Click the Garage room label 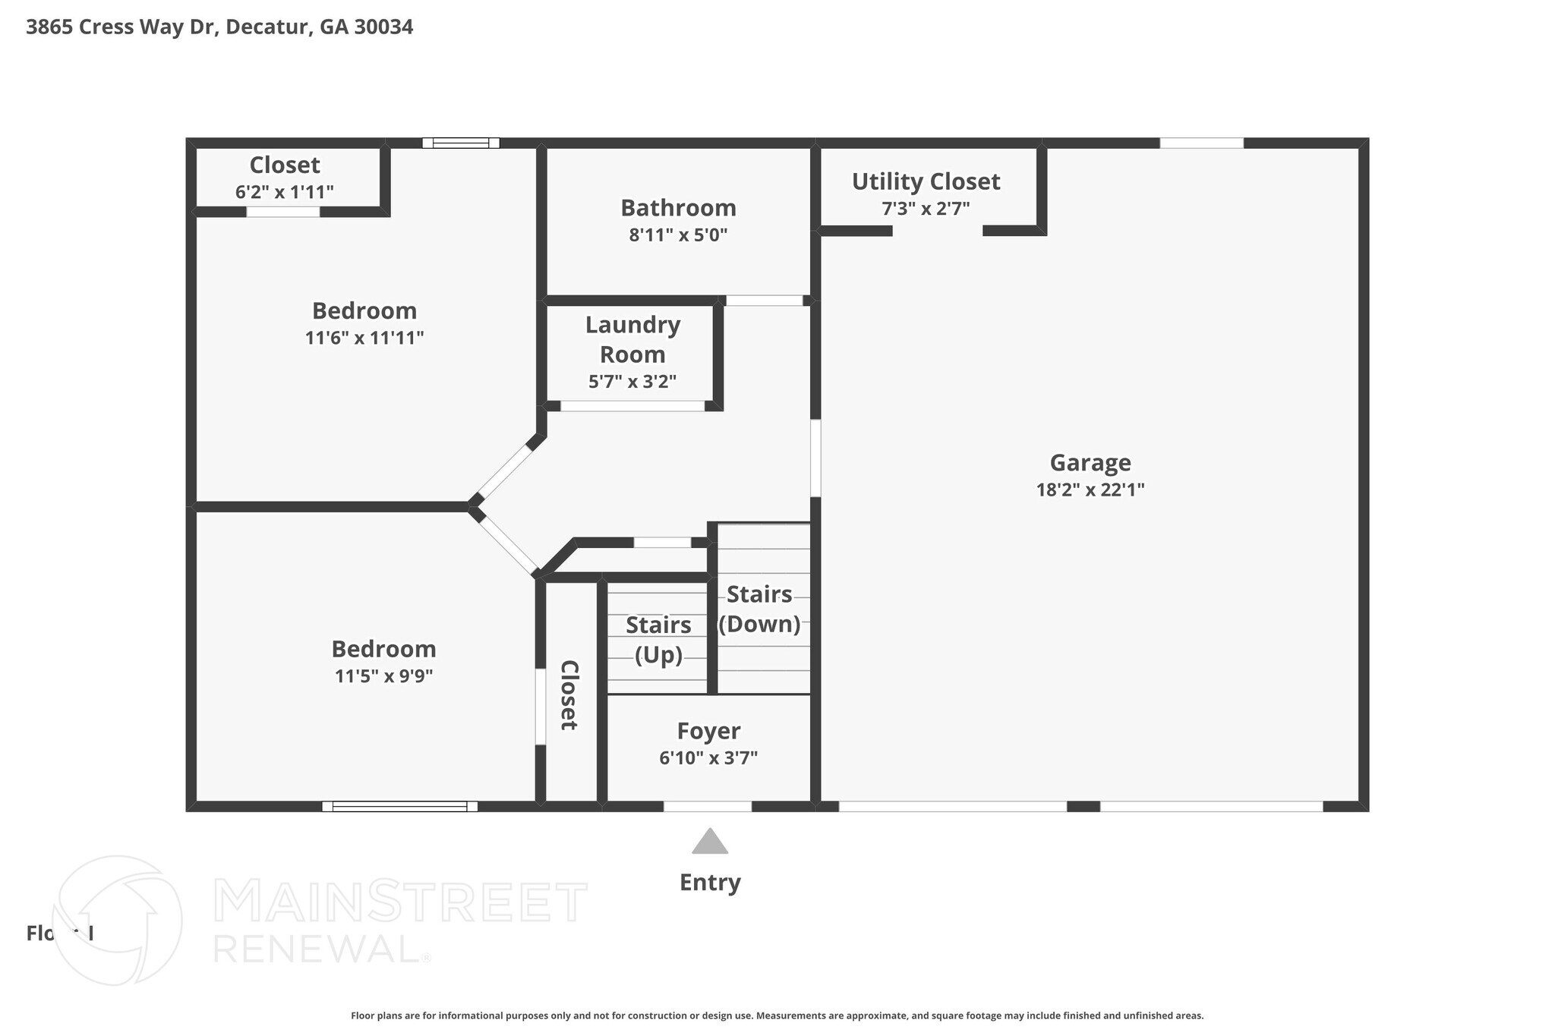click(1090, 462)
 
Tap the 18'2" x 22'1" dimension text click(1090, 490)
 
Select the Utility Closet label click(926, 181)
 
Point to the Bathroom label click(678, 207)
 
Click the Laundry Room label click(632, 339)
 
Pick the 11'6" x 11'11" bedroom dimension click(364, 338)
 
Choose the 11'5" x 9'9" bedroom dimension click(383, 675)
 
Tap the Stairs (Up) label click(658, 639)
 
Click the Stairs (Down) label click(759, 609)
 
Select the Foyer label click(708, 731)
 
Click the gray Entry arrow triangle click(710, 842)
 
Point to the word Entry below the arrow click(710, 882)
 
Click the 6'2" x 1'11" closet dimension click(284, 192)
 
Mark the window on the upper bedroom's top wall click(461, 143)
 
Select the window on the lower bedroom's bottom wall click(399, 806)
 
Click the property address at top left click(219, 27)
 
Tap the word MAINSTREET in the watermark click(400, 902)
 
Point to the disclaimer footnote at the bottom click(777, 1016)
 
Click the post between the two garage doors click(1083, 806)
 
